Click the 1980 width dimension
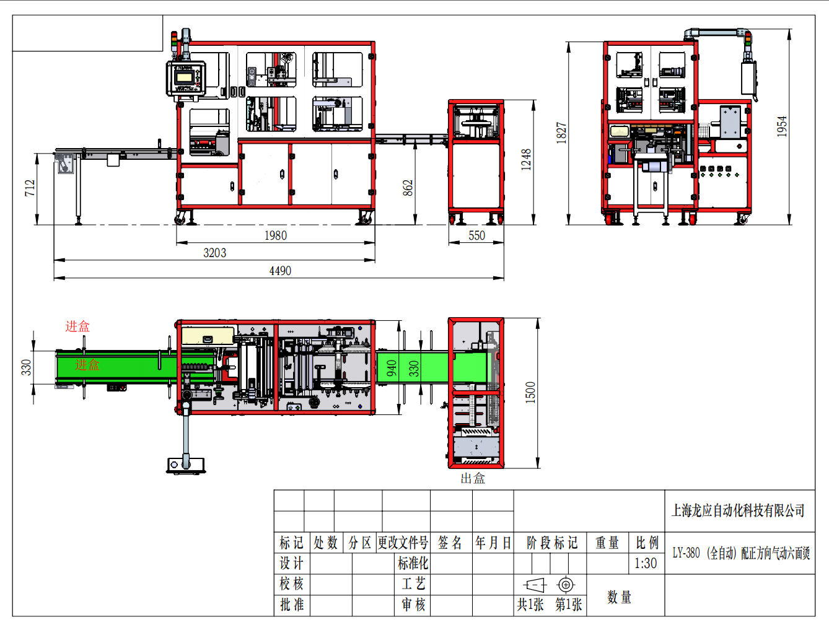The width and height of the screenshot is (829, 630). [x=275, y=235]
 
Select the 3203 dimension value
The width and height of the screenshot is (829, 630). [x=214, y=253]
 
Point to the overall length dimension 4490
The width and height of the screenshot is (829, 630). [x=280, y=271]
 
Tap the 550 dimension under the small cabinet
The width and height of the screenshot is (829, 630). [x=476, y=235]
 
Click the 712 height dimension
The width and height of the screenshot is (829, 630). [x=30, y=188]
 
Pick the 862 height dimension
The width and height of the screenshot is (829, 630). [x=408, y=188]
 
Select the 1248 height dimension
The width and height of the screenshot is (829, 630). [x=526, y=159]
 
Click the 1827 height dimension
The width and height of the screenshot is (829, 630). [x=561, y=133]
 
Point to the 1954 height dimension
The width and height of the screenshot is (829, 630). [x=781, y=126]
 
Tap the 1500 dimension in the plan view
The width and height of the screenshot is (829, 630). [x=530, y=393]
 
